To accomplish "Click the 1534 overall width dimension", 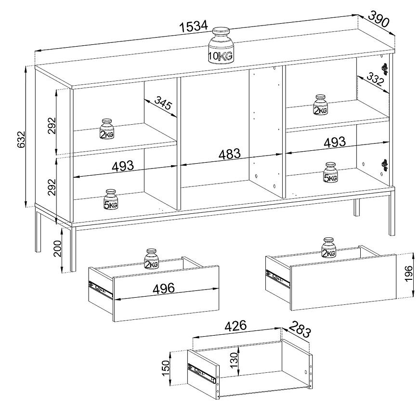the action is pyautogui.click(x=194, y=26).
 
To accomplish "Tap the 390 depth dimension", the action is pyautogui.click(x=379, y=19).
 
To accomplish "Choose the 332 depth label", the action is pyautogui.click(x=376, y=79).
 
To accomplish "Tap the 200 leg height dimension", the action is pyautogui.click(x=57, y=249).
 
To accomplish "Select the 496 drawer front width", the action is pyautogui.click(x=164, y=288).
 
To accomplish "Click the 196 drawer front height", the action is pyautogui.click(x=408, y=274).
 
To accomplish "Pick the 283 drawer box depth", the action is pyautogui.click(x=300, y=329).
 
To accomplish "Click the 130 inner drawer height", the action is pyautogui.click(x=234, y=360).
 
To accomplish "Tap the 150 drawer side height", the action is pyautogui.click(x=166, y=368).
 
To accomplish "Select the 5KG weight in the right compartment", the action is pyautogui.click(x=330, y=172).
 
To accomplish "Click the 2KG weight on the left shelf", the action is pyautogui.click(x=107, y=129).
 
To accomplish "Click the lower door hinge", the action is pyautogui.click(x=384, y=165).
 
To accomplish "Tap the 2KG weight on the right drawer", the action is pyautogui.click(x=328, y=248).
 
